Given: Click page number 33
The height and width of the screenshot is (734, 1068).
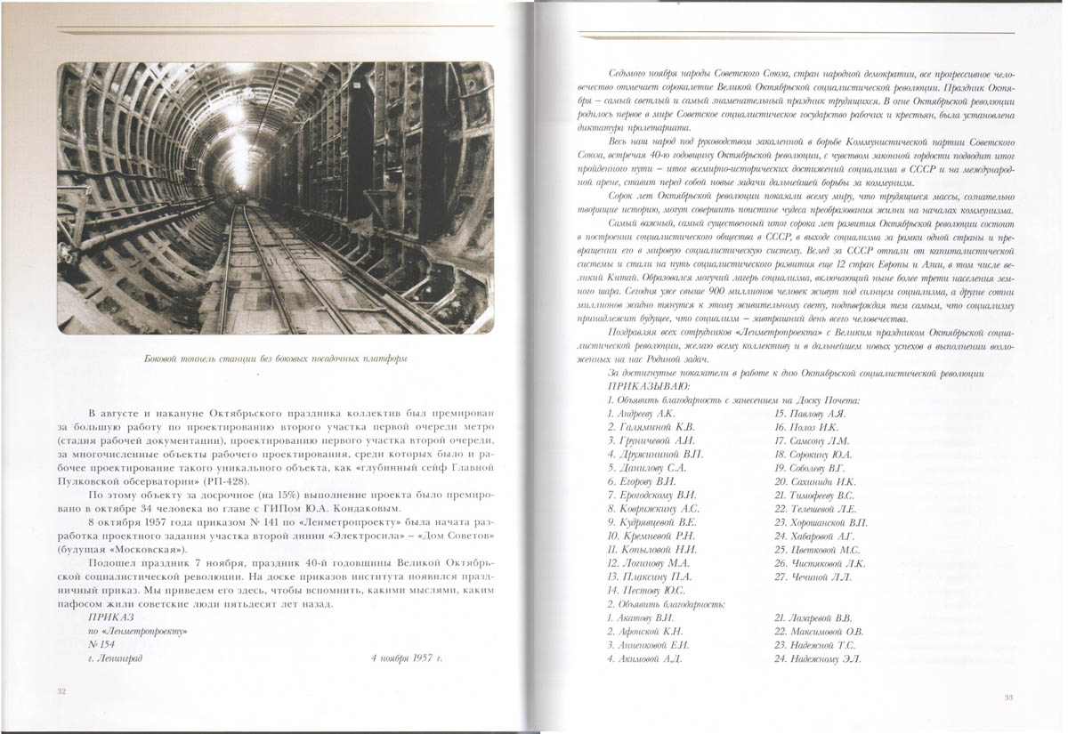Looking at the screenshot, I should coord(1007,696).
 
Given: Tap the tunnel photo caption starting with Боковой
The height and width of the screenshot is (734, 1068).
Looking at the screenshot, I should coord(276,359).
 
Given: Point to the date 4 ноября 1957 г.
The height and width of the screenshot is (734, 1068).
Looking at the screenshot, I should coord(406,659).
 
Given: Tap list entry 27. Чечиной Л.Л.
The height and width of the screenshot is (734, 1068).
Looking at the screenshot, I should coord(813,577).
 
